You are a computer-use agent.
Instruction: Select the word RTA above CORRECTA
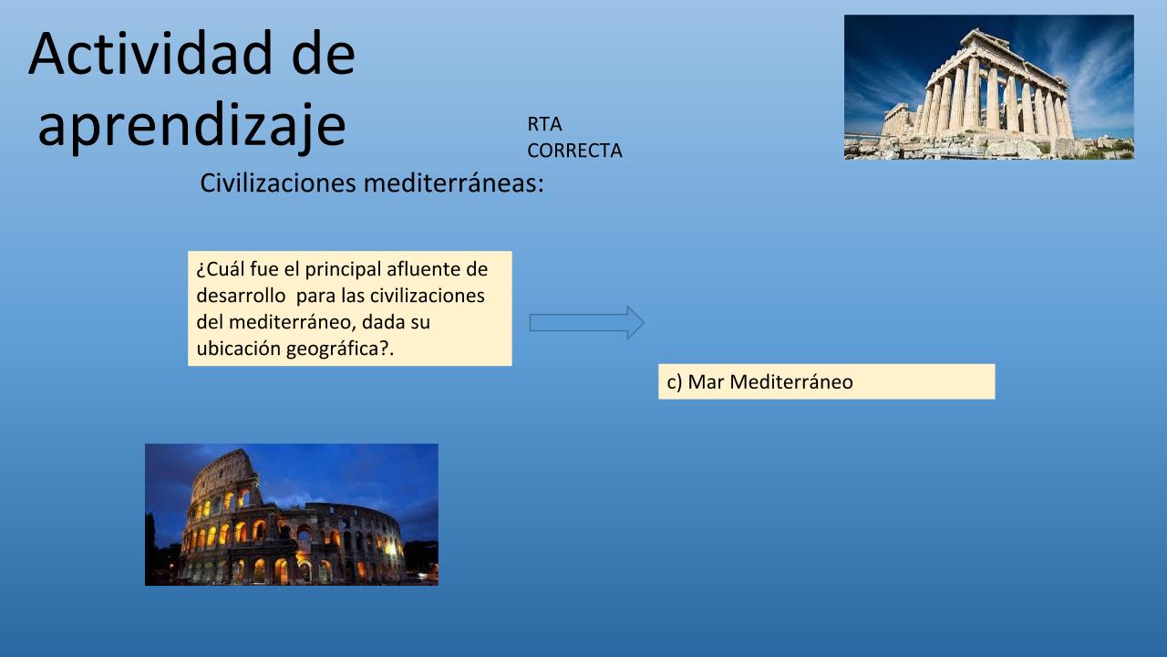click(x=544, y=124)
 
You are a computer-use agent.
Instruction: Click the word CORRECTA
click(x=574, y=151)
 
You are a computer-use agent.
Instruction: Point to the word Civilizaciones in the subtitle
click(x=278, y=183)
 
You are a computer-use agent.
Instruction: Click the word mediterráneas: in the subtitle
click(x=454, y=183)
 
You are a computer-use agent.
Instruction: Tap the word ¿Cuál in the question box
click(x=221, y=269)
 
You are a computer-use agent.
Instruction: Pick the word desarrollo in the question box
click(x=241, y=296)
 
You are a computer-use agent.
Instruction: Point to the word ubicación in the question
click(x=239, y=349)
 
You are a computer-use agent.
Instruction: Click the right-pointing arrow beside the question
click(x=586, y=323)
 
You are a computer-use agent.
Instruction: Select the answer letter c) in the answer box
click(x=674, y=382)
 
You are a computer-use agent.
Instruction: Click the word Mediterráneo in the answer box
click(x=791, y=382)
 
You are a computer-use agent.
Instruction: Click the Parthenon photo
click(x=989, y=87)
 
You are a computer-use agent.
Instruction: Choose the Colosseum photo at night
click(x=292, y=515)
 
